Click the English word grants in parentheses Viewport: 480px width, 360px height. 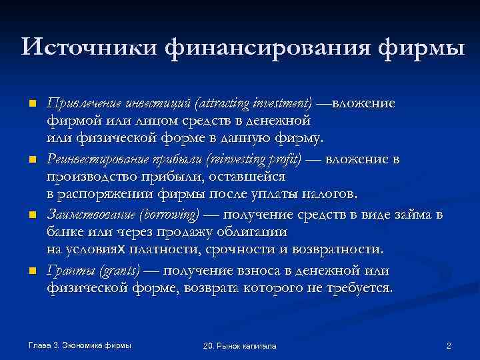click(121, 270)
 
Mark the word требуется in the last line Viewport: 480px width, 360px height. click(360, 288)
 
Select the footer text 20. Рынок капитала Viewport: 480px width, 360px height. click(239, 346)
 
